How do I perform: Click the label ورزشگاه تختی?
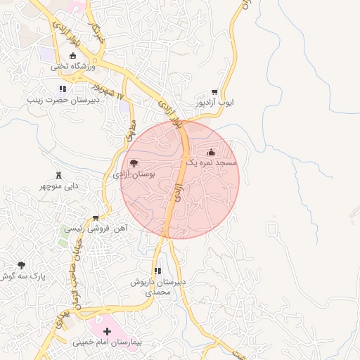tap(72, 67)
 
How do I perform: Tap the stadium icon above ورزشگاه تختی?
tap(72, 56)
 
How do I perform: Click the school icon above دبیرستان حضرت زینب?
tap(63, 89)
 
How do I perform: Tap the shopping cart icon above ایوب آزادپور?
tap(214, 92)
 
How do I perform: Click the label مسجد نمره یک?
tap(212, 162)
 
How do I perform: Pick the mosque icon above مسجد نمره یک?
tap(211, 152)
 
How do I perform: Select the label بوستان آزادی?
tap(134, 174)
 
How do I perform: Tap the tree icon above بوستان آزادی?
tap(134, 163)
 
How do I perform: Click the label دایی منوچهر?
tap(58, 186)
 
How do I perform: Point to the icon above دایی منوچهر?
tap(58, 175)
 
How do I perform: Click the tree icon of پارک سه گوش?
tap(21, 266)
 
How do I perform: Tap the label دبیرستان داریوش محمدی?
tap(158, 286)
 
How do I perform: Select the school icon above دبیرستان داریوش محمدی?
tap(158, 271)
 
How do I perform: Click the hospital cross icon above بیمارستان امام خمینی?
tap(107, 331)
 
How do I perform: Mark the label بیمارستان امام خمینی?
tap(107, 342)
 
